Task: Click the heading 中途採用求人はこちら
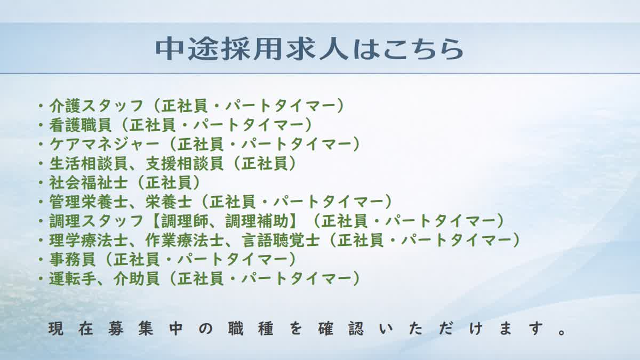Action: tap(309, 49)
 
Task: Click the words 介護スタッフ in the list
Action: tap(96, 106)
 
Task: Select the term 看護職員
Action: tap(80, 125)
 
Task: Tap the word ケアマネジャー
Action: tap(104, 145)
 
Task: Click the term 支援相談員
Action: tap(184, 163)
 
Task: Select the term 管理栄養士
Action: tap(88, 202)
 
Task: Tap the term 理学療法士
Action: tap(88, 241)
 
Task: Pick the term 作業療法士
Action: tap(184, 241)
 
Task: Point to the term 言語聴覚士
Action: tap(280, 241)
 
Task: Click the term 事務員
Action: tap(72, 259)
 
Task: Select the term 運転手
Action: tap(72, 278)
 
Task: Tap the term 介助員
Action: tap(136, 278)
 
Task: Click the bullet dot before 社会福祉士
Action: tap(41, 183)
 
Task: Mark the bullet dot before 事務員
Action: tap(41, 260)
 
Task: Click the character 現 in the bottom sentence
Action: tap(55, 328)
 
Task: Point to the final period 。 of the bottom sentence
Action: tap(562, 332)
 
